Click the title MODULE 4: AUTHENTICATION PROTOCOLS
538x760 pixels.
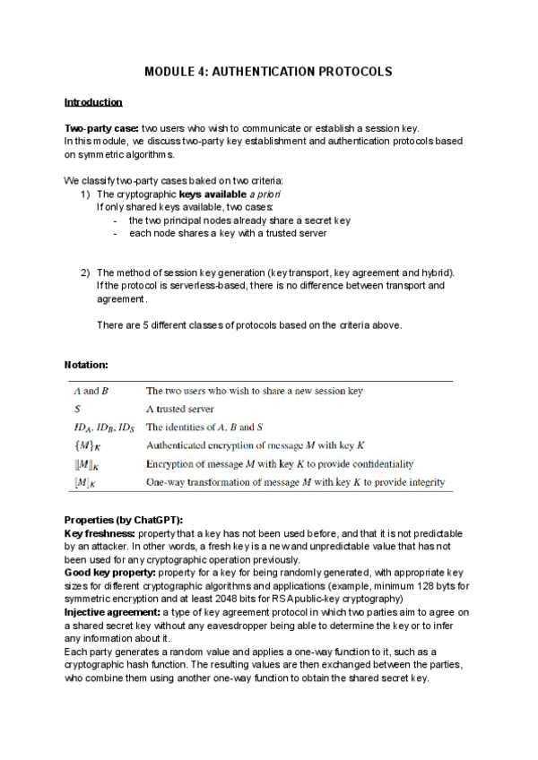(x=269, y=71)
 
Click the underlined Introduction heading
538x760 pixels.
(x=93, y=102)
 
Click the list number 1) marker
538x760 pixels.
(x=85, y=194)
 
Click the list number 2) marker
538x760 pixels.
(x=85, y=272)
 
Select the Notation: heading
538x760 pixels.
(x=87, y=365)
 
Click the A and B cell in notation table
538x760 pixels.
(x=91, y=391)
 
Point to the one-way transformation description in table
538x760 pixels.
(x=295, y=483)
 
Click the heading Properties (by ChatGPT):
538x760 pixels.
(x=124, y=521)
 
